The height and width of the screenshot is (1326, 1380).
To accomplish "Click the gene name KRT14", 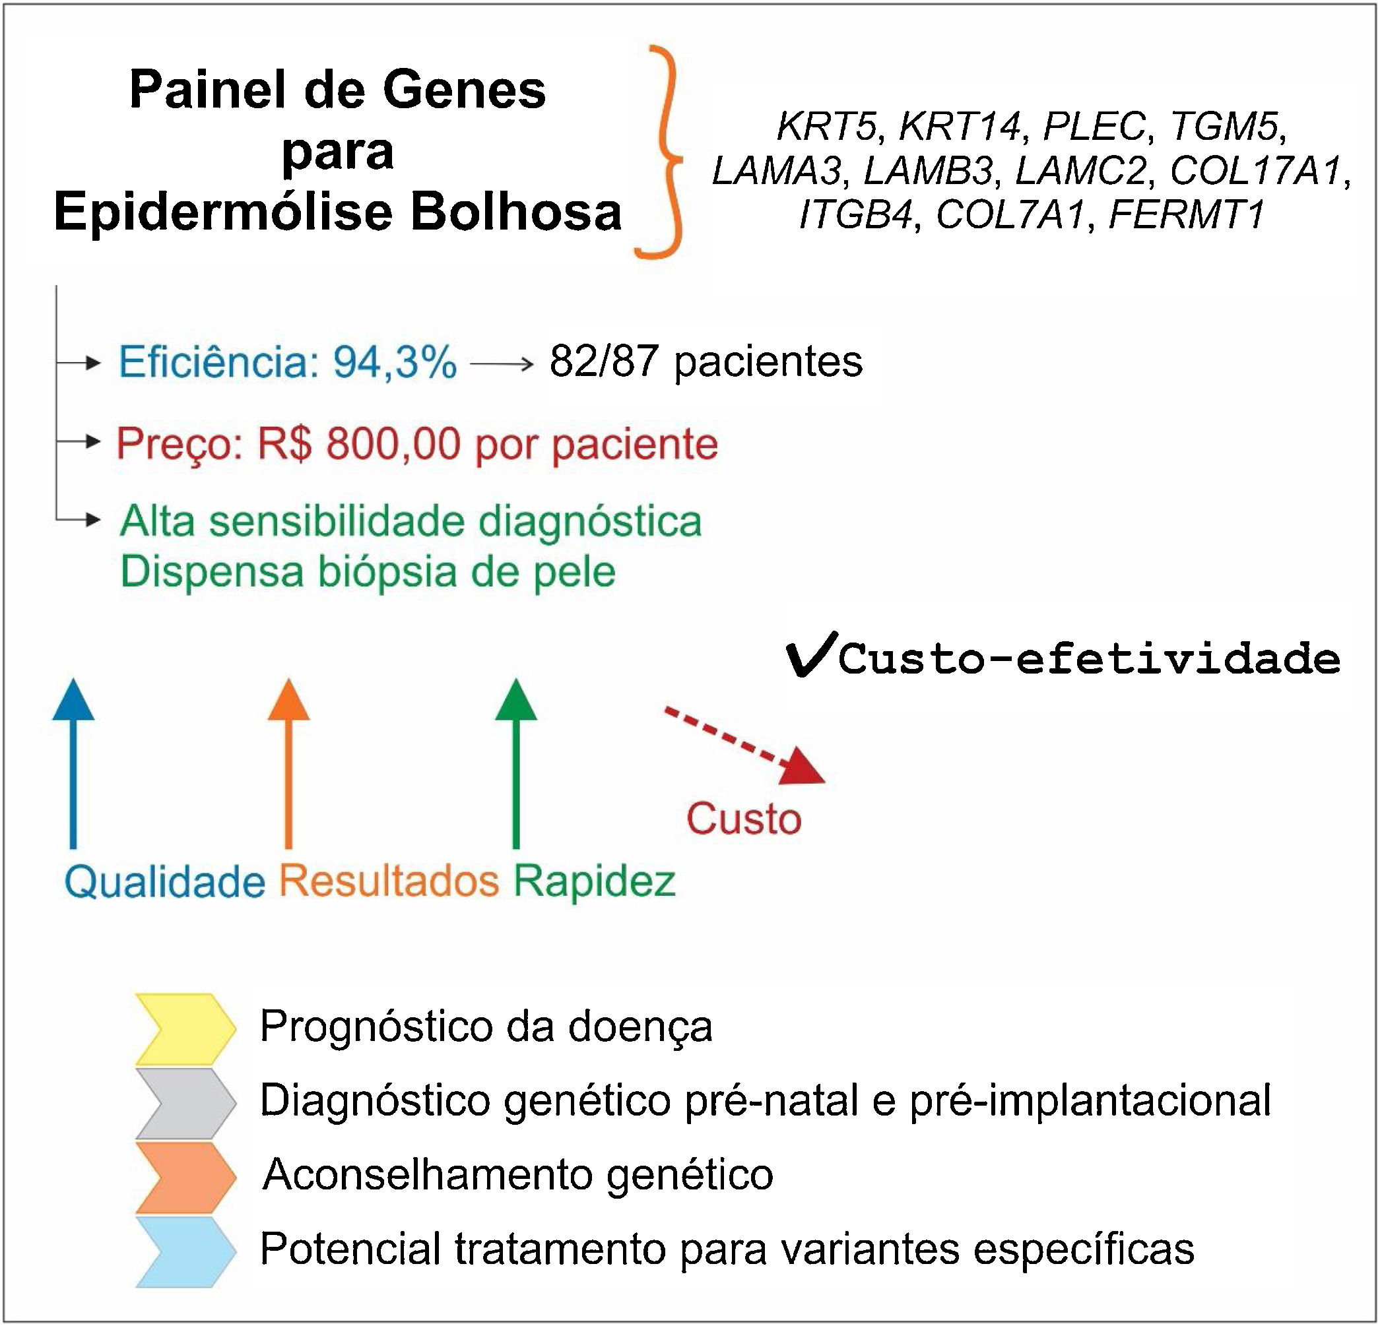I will click(960, 127).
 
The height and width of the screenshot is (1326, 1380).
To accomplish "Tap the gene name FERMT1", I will click(1187, 214).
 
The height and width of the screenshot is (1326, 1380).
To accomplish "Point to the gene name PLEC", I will click(1094, 127).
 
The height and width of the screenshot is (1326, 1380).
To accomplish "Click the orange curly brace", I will click(662, 151).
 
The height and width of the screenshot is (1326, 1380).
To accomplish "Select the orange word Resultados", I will click(389, 881).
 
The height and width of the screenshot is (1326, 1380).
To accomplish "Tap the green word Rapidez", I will click(594, 881).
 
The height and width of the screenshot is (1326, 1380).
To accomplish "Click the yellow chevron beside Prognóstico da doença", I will click(185, 1028).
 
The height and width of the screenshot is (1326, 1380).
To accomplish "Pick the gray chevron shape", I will click(185, 1103).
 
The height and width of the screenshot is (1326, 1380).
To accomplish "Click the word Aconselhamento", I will click(428, 1175).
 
